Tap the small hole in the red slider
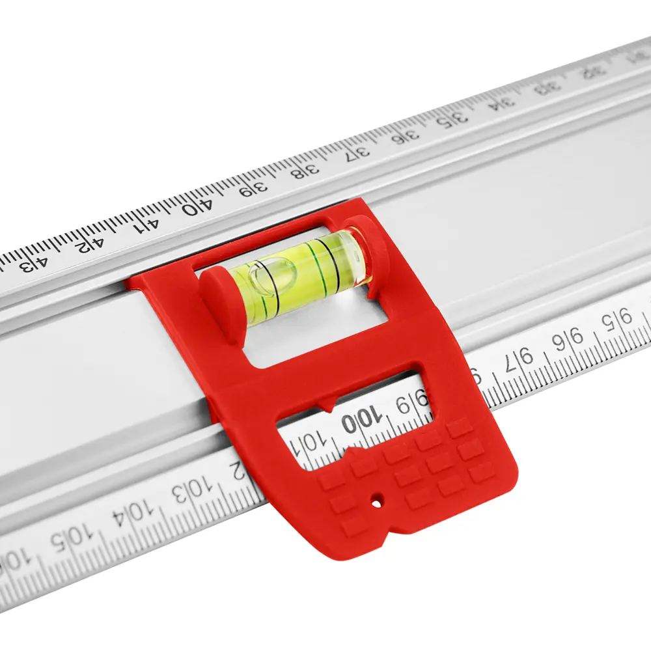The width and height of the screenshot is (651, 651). click(376, 502)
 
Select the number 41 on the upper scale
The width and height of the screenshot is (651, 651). click(146, 225)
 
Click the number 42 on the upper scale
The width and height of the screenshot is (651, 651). click(90, 243)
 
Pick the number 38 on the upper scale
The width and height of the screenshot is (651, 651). click(305, 172)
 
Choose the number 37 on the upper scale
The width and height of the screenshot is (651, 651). click(357, 154)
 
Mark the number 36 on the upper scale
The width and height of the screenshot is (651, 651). click(407, 136)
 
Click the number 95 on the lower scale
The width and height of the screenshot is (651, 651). click(616, 321)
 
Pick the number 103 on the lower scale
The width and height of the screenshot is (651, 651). click(191, 489)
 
